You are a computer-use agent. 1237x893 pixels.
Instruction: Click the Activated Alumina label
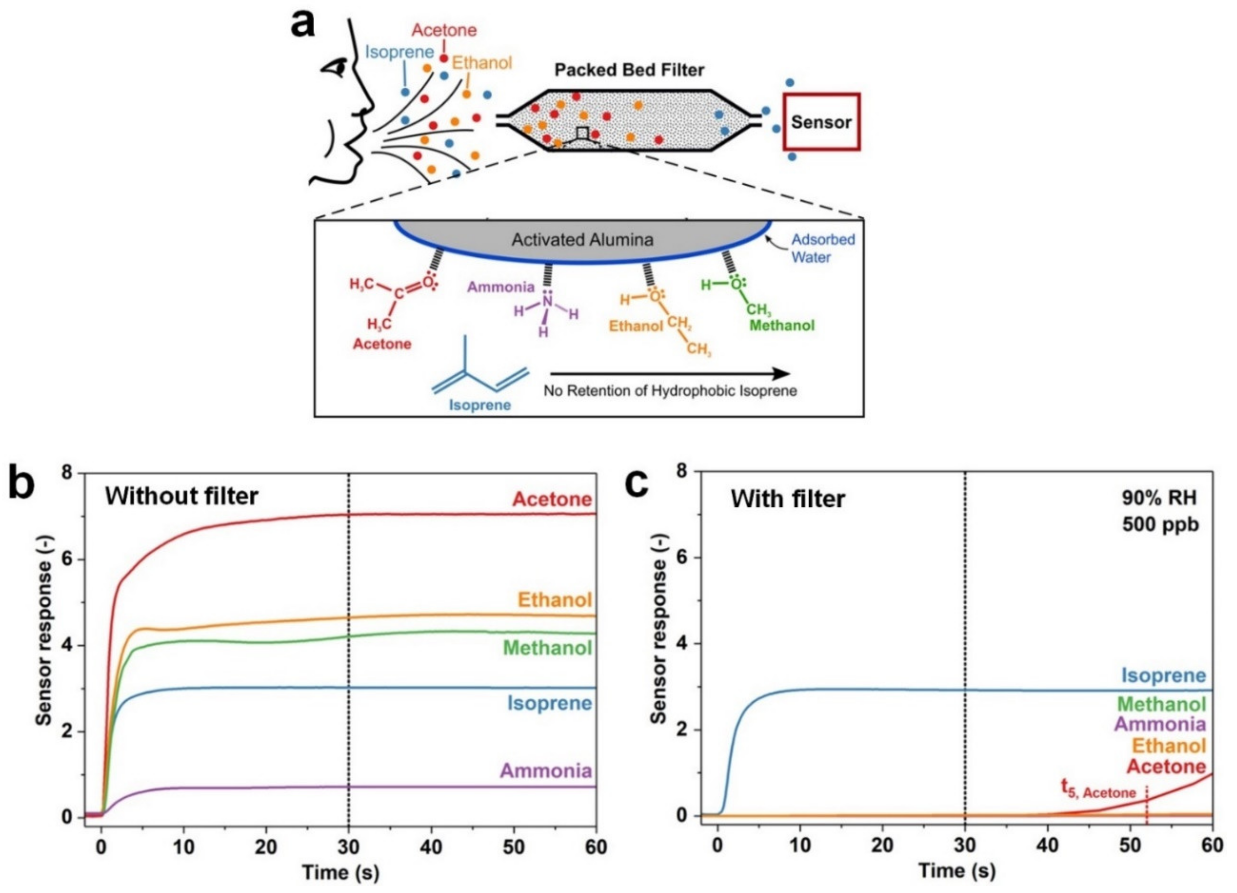(x=582, y=240)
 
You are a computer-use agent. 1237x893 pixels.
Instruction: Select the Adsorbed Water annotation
(x=823, y=248)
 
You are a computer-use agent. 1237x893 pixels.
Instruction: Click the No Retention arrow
(x=670, y=374)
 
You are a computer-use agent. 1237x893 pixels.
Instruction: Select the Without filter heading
(x=182, y=496)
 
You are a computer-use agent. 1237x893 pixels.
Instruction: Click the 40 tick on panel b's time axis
(x=431, y=847)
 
